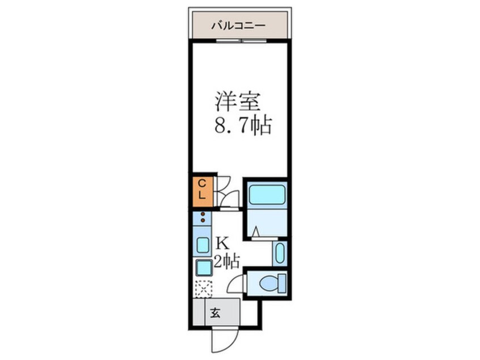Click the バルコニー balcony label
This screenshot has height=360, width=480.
[x=238, y=25]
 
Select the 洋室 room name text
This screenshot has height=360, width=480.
[x=238, y=102]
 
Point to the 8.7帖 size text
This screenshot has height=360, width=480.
[x=243, y=125]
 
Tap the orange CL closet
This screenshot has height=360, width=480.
[x=203, y=191]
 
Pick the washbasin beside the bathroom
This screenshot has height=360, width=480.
[x=280, y=253]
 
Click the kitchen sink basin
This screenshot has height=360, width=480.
[x=203, y=245]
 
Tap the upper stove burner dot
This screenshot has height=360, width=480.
[x=203, y=214]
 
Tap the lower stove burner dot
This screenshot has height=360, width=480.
[x=203, y=220]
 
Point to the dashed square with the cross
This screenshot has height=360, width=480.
[x=204, y=289]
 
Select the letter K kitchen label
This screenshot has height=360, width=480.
[x=222, y=244]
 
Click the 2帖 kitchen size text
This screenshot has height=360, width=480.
[x=226, y=262]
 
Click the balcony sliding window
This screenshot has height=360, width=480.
[x=241, y=40]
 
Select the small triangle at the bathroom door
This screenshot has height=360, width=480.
[x=256, y=232]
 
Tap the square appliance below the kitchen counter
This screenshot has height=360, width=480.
[x=204, y=267]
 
